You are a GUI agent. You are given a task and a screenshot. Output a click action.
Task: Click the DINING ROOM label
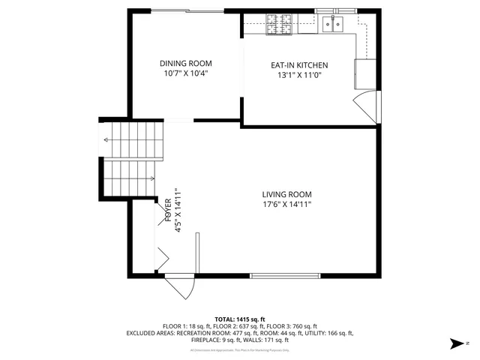tap(185, 63)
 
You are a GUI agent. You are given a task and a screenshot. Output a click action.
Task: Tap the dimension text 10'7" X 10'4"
tap(185, 73)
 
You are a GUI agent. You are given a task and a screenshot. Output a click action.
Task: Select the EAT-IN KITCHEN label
tap(299, 65)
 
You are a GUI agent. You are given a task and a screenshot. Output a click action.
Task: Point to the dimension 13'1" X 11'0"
tap(299, 76)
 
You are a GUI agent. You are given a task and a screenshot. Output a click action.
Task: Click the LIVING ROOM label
tap(286, 193)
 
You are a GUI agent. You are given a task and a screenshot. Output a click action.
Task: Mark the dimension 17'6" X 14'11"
tap(286, 204)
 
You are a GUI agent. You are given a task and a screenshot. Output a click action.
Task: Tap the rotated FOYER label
tap(167, 211)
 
